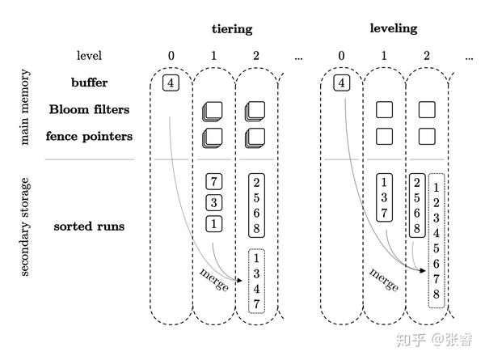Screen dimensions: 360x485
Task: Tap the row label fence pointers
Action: point(89,136)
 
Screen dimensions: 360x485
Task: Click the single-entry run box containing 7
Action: point(213,181)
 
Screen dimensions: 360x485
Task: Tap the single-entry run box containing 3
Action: point(213,202)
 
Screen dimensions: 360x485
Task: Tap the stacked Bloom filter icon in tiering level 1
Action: point(213,110)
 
